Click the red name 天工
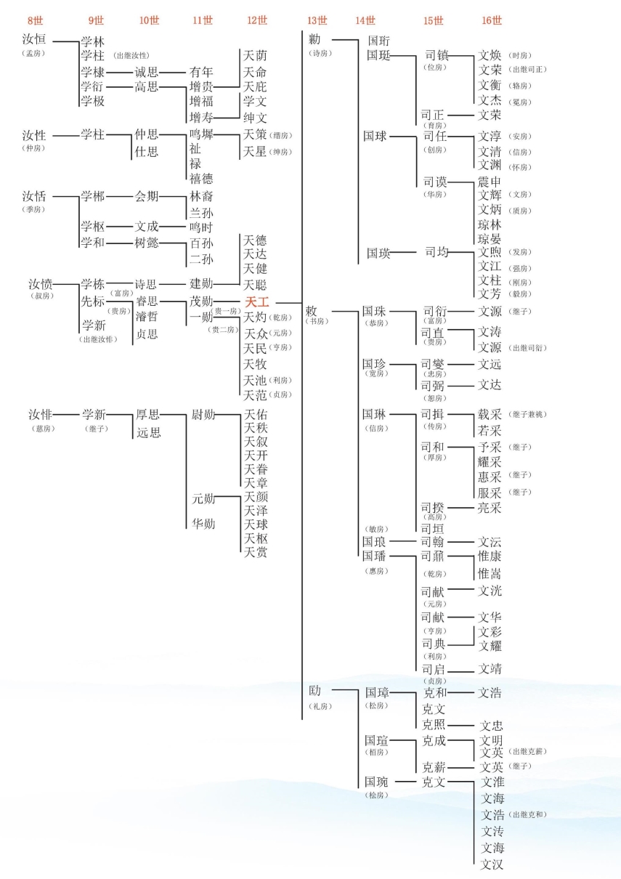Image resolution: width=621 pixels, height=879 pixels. pos(256,301)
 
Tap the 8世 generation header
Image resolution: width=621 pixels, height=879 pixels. pos(34,20)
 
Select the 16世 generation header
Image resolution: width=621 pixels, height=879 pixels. pos(491,20)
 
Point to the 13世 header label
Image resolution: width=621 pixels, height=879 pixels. pos(317,20)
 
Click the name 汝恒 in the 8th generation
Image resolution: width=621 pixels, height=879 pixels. pos(34,39)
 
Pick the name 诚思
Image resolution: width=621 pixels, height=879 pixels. pos(147,72)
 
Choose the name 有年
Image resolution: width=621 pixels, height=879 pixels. pos(201,72)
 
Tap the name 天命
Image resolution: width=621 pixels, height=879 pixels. pos(255,72)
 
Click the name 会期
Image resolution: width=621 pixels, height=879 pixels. pos(147,196)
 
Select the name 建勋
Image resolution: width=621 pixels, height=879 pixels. pos(201,284)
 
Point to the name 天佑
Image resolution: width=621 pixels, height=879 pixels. pos(255,415)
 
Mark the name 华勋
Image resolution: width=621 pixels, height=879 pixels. pos(203,523)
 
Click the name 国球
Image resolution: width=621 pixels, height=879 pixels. pos(376,136)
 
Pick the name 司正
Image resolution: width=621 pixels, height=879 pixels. pos(434,115)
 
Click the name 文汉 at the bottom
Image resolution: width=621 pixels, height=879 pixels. pos(492,864)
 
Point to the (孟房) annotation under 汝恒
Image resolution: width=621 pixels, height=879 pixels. pos(34,53)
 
